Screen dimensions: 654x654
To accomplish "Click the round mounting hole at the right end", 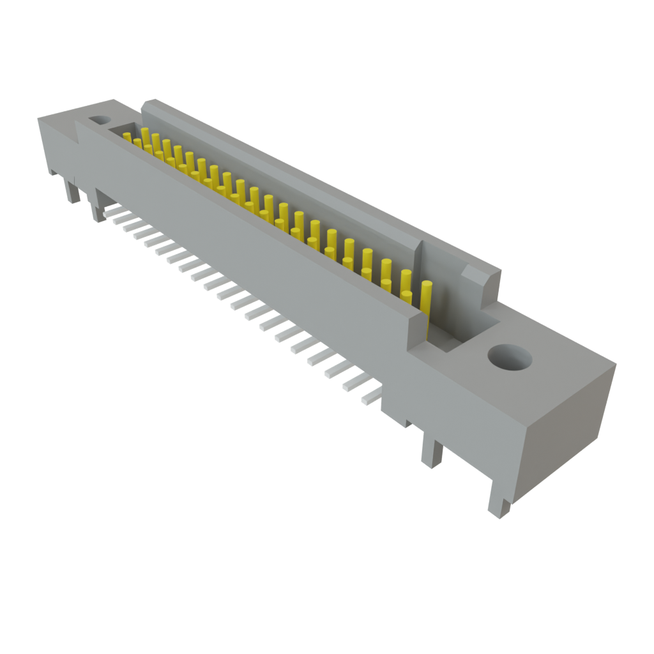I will click(x=509, y=358).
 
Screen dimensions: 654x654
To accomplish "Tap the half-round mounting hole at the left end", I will click(x=99, y=119).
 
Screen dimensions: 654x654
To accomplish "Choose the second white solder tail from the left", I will click(x=118, y=217).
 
